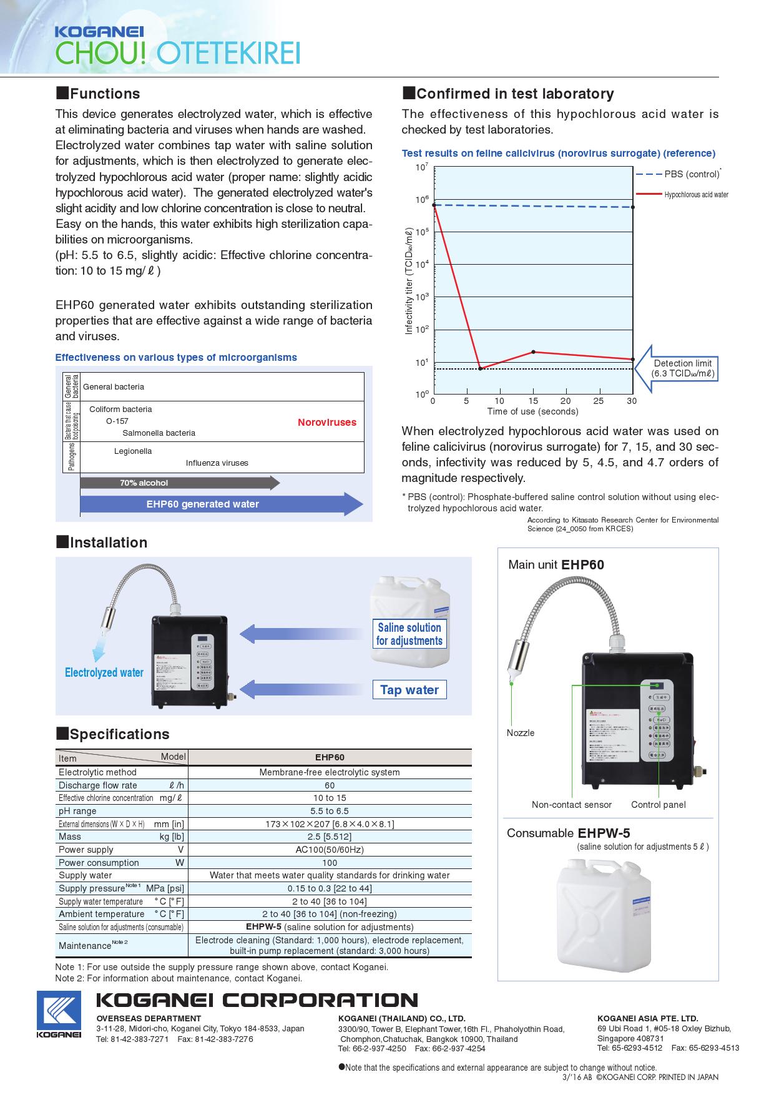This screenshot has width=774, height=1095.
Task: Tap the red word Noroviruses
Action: click(x=326, y=423)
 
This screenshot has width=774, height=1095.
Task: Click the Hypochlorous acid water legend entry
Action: click(x=696, y=195)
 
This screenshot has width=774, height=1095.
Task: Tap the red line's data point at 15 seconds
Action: click(x=533, y=352)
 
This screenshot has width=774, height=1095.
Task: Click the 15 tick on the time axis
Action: click(x=533, y=401)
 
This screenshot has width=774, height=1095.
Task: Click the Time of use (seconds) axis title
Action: click(x=532, y=411)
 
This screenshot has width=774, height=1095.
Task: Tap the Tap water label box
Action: click(x=409, y=690)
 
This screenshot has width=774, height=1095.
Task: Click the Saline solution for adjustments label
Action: click(x=409, y=634)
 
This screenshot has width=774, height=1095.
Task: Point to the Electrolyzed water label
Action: click(x=104, y=672)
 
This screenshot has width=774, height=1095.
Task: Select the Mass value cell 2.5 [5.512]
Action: click(x=330, y=837)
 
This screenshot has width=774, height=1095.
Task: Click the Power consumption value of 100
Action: click(x=330, y=863)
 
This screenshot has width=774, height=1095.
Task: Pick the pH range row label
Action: click(x=78, y=811)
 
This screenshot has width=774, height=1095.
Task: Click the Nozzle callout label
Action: click(x=521, y=733)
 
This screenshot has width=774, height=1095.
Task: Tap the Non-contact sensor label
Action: click(x=571, y=805)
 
